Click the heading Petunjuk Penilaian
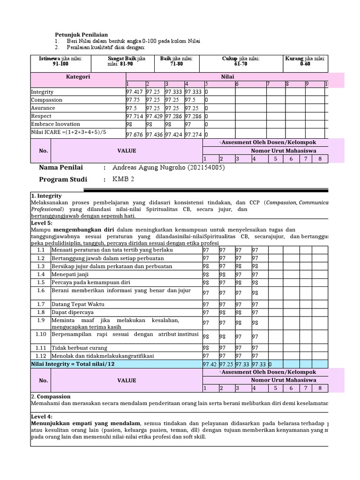(x=82, y=35)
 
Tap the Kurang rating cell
(x=305, y=61)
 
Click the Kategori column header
(x=78, y=76)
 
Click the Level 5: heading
(x=42, y=224)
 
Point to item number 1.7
(x=41, y=304)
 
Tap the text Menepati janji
(x=70, y=274)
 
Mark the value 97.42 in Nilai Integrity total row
(x=210, y=364)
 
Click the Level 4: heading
(x=42, y=416)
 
